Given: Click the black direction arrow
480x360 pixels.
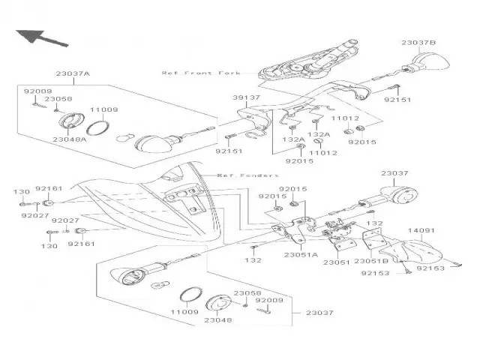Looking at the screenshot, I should tap(37, 36).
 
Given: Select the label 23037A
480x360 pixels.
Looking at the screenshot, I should tap(72, 74).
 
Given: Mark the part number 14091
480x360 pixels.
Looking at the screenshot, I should tap(421, 231).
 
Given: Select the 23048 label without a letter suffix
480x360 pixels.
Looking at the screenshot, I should tap(218, 319).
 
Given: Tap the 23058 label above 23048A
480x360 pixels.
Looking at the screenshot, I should tap(58, 99).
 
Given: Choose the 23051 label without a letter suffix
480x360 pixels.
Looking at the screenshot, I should tap(336, 261).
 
